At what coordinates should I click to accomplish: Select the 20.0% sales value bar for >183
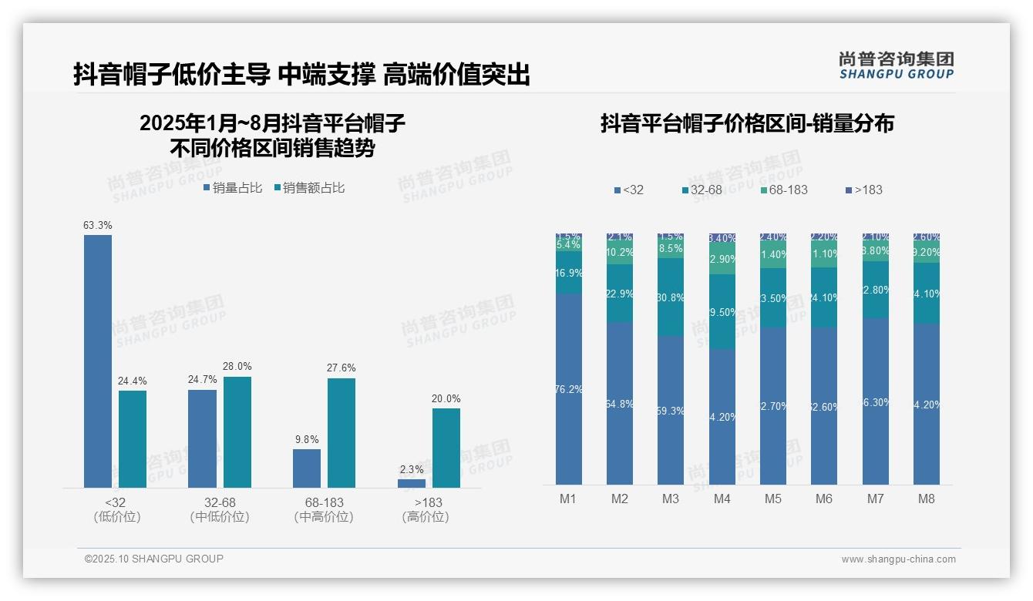pos(446,448)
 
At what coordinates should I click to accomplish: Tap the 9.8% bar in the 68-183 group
pos(307,468)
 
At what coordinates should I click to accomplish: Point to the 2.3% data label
pos(412,469)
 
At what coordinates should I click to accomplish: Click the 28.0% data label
pos(237,366)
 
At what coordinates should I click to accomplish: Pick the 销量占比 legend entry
pos(233,188)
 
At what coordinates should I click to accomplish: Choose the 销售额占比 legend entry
pos(309,188)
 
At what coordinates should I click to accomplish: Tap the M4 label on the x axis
pos(722,499)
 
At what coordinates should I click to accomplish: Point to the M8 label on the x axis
pos(926,499)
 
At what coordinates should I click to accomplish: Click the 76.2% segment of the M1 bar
pos(569,389)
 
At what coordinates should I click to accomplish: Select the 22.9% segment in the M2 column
pos(620,293)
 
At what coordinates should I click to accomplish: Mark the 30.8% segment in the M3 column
pos(671,297)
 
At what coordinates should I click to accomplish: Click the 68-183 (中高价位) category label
pos(324,509)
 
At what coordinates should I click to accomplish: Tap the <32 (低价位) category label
pos(116,509)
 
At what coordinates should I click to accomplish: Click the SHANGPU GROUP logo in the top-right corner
pos(896,65)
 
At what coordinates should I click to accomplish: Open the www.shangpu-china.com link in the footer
pos(898,559)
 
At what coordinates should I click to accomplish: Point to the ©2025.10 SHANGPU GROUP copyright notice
pos(153,559)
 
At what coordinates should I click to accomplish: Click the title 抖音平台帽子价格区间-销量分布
pos(747,123)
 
